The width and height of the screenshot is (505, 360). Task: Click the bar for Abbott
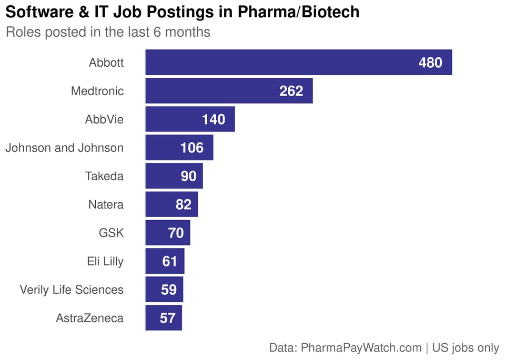point(298,63)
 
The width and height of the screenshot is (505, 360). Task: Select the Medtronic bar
point(229,91)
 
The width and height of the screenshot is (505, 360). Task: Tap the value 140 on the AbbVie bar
point(214,119)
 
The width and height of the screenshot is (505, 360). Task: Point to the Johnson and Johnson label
point(64,148)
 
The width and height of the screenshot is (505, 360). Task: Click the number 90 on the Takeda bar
point(188,176)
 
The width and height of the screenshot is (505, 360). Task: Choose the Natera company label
point(106,204)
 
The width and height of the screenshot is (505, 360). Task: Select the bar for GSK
point(167,233)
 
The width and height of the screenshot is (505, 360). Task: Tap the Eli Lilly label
point(105,261)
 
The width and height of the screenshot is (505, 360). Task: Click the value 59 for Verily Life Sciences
point(169,290)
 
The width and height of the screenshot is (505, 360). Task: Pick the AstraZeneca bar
point(163,318)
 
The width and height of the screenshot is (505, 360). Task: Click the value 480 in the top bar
point(430,63)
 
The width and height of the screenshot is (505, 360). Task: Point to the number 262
point(291,91)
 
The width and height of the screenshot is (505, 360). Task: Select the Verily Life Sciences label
point(72,290)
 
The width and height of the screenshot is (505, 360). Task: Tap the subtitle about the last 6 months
point(108,32)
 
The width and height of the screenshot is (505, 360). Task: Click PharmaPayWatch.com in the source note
point(361,347)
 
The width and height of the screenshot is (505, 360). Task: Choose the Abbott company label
point(106,63)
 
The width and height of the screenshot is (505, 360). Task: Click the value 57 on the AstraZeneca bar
point(167,318)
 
